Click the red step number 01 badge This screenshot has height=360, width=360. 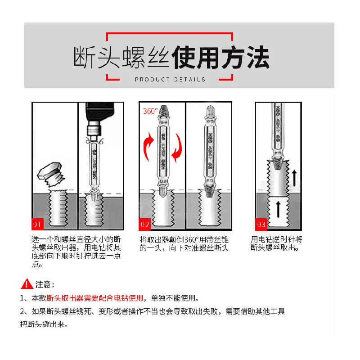point(38,224)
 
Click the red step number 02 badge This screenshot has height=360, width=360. point(145,224)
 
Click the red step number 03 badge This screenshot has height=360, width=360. point(261,224)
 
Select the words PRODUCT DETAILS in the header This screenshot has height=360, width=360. point(170,79)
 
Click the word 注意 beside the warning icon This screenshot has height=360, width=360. point(45,284)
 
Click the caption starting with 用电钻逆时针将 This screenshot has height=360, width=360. point(276,243)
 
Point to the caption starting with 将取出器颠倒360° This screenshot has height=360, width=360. point(184,243)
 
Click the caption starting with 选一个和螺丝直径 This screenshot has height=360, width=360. point(76,252)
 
